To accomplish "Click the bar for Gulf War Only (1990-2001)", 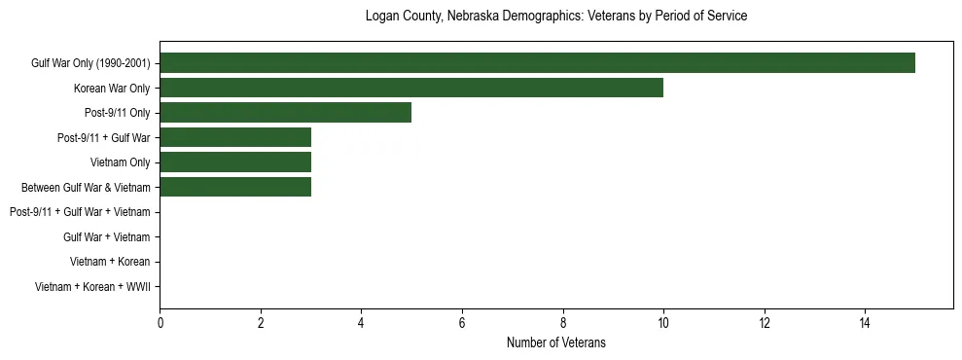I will pos(537,63).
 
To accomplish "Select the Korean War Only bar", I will pos(411,88).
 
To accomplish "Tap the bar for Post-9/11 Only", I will pos(285,113).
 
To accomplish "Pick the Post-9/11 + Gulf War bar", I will pos(235,137).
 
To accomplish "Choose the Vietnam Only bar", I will pos(235,162).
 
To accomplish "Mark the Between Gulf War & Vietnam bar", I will pos(235,187).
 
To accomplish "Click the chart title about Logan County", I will pos(555,17).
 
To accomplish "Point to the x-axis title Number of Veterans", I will pos(555,342).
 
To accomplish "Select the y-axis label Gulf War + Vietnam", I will pos(107,236).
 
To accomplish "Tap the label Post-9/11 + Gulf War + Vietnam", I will pos(80,212).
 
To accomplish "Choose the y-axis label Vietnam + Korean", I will pos(110,262).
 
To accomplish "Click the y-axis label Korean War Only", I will pos(112,89).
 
